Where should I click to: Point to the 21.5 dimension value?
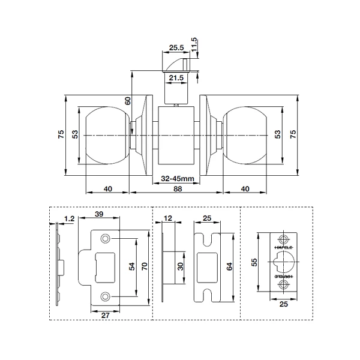point(176,79)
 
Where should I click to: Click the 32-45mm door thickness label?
point(177,179)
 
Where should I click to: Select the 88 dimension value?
point(177,188)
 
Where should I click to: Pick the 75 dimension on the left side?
point(61,135)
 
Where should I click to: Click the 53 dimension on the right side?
point(277,135)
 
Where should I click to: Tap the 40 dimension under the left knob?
point(108,188)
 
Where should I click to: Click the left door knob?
point(108,135)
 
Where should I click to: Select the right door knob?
point(246,135)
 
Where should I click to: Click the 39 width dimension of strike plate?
point(100,215)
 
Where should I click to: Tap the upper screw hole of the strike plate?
point(106,239)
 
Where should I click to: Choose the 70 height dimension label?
point(144,268)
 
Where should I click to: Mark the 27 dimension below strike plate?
point(104,314)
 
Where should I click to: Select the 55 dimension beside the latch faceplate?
point(254,263)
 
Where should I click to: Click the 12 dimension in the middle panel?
point(168,218)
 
